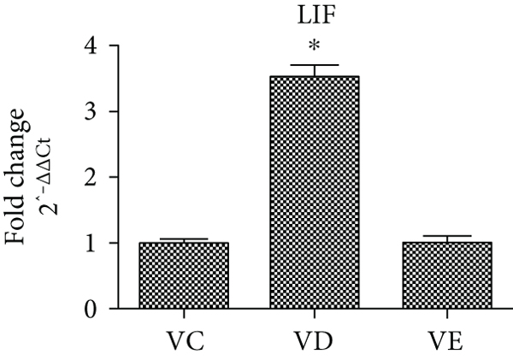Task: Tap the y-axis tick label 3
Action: (x=90, y=111)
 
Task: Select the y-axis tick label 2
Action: (x=90, y=177)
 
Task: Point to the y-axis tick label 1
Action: (x=90, y=243)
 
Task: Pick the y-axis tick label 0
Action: (x=90, y=309)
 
